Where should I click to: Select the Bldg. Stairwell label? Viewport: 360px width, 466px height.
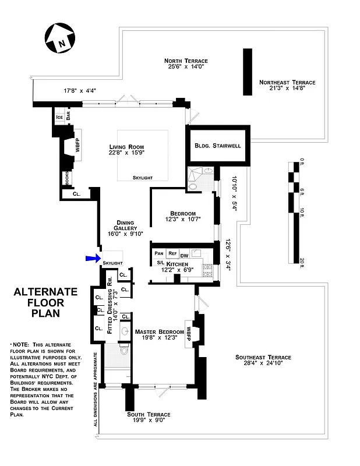(x=218, y=145)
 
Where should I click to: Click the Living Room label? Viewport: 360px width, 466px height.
(x=126, y=147)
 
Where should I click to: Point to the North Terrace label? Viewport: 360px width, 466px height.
(x=186, y=61)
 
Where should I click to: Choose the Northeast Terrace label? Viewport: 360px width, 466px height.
(x=287, y=83)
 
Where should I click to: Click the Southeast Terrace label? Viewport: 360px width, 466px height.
(x=263, y=357)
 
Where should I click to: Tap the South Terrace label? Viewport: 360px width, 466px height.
(x=149, y=414)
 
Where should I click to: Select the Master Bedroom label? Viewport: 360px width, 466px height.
(x=158, y=332)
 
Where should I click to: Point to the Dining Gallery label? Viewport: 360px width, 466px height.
(x=125, y=223)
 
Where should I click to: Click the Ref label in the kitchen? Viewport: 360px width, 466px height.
(x=172, y=253)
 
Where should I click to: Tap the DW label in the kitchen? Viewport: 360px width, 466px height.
(x=184, y=255)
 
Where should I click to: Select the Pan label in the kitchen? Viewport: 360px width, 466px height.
(x=159, y=253)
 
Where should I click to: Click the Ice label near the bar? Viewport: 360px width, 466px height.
(x=59, y=117)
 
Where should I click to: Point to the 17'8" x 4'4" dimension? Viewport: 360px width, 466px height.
(x=80, y=90)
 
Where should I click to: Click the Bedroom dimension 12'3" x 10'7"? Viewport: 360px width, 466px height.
(x=183, y=220)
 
